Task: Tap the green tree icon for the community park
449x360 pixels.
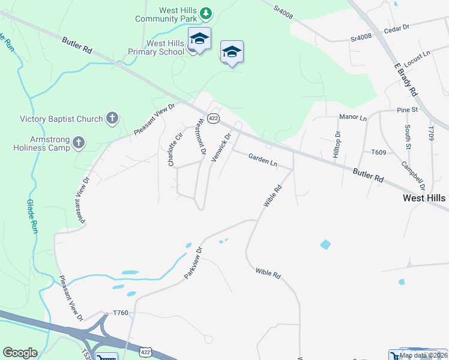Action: [206, 13]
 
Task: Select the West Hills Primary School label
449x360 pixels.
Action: [166, 47]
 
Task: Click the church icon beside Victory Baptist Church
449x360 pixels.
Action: [112, 118]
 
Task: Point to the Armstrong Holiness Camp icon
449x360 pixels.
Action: [79, 143]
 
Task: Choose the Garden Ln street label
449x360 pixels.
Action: [263, 159]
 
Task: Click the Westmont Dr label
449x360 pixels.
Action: [202, 140]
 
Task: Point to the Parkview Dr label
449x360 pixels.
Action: [194, 262]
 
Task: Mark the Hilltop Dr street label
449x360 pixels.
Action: [337, 145]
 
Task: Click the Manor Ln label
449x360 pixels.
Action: [352, 118]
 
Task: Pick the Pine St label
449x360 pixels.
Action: [407, 110]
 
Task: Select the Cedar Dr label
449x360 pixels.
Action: [396, 28]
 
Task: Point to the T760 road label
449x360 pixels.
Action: [121, 313]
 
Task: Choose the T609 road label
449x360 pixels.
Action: [379, 152]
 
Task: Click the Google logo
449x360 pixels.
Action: [20, 353]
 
